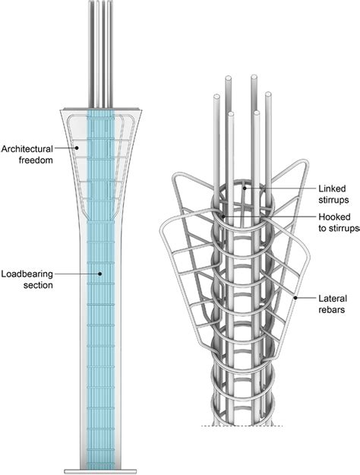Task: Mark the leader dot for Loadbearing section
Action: pos(99,272)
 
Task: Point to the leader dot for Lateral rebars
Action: pos(295,299)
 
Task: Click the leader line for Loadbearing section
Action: pos(76,272)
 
